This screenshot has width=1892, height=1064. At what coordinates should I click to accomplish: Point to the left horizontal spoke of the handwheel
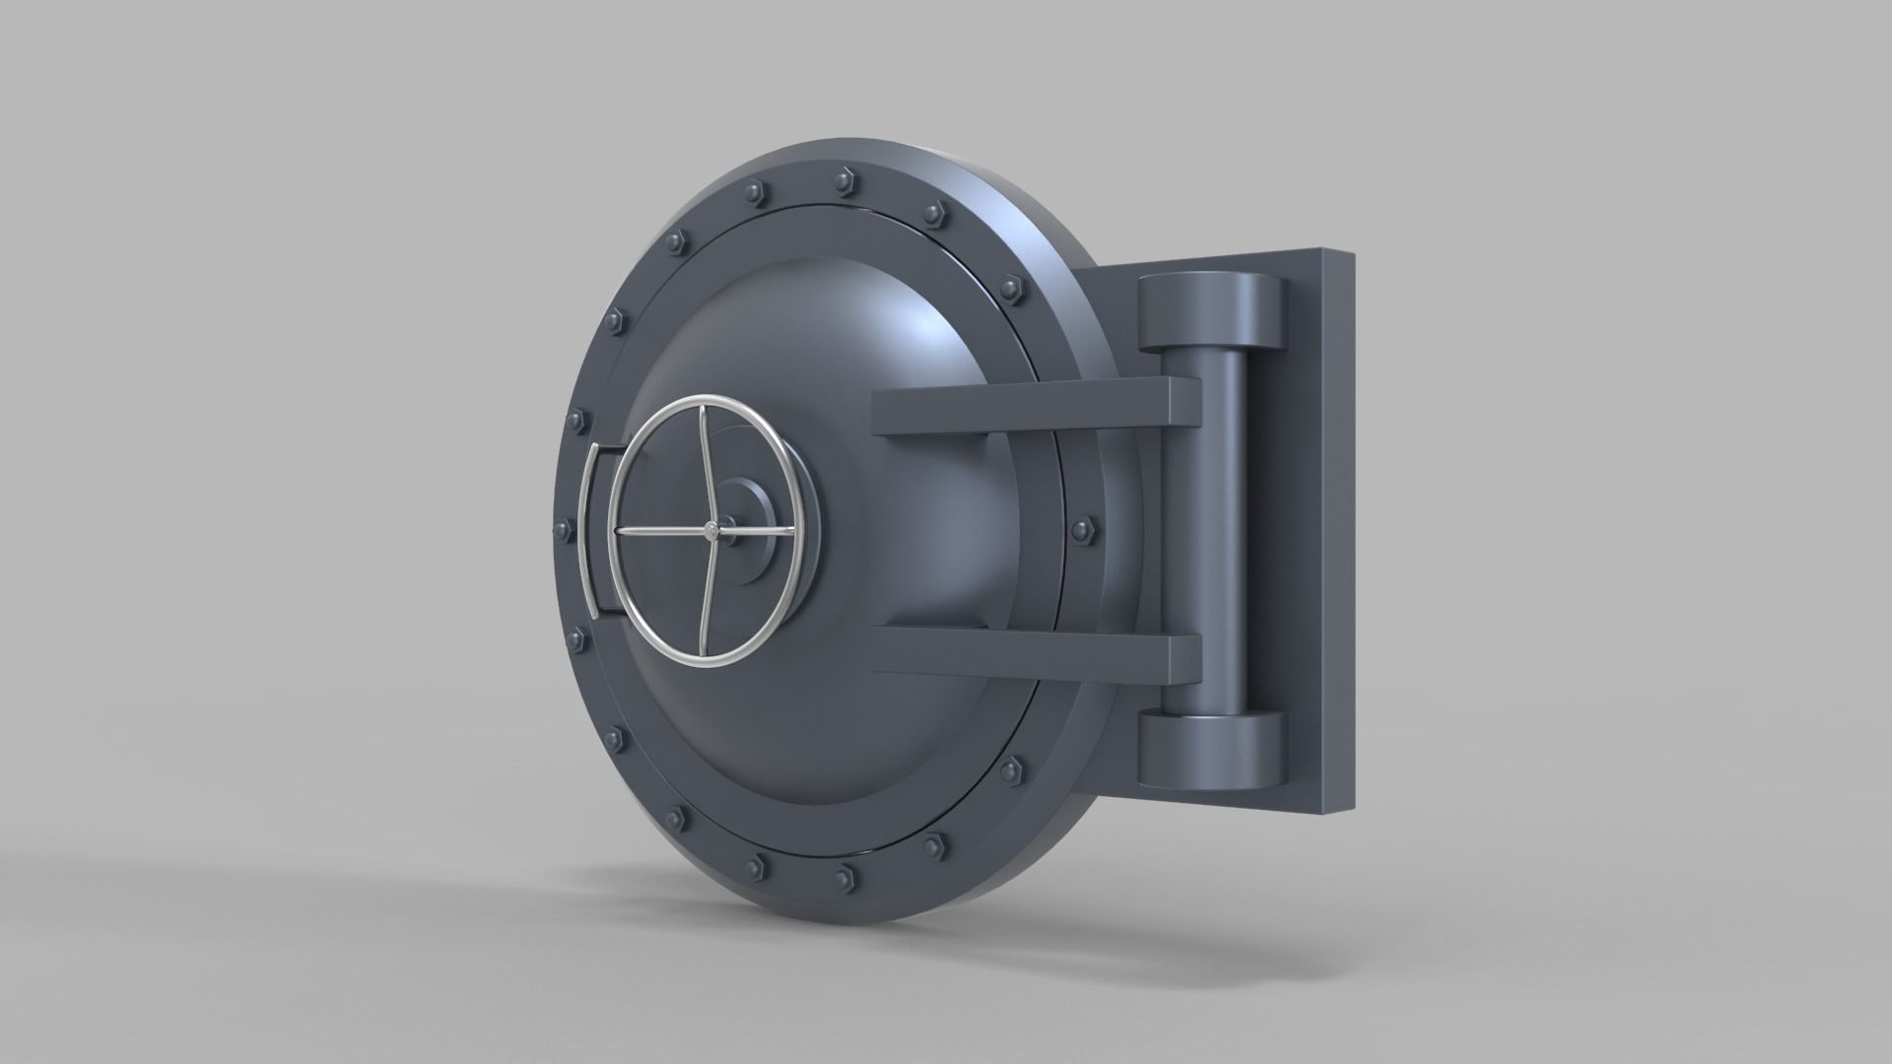point(660,532)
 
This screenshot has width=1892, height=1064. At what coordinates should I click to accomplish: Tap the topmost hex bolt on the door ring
point(843,179)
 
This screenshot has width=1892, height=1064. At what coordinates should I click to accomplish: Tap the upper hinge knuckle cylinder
point(1211,312)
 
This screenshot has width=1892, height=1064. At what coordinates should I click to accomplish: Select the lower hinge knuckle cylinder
point(1211,750)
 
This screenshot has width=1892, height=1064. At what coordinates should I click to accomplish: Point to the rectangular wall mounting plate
point(1320,532)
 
